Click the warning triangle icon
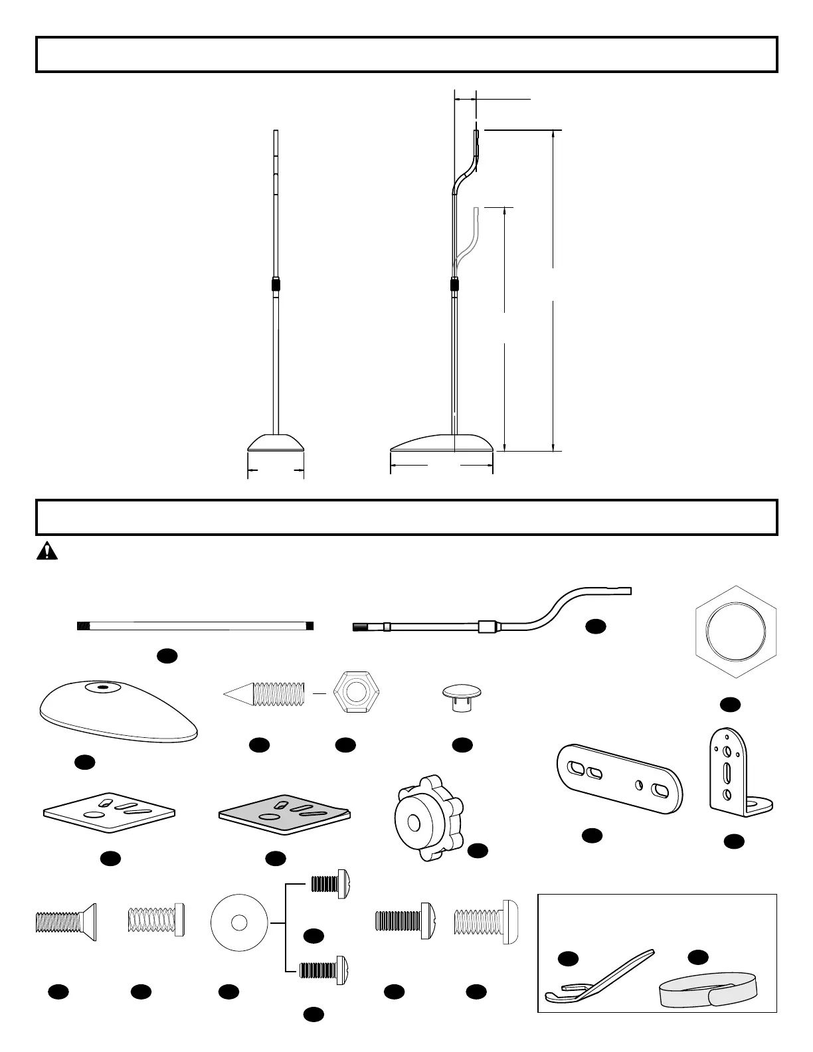[x=46, y=551]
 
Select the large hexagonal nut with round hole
[x=735, y=631]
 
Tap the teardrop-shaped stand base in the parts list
[x=118, y=711]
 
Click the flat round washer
[x=239, y=922]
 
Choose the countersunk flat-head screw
[x=66, y=922]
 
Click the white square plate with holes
[x=109, y=811]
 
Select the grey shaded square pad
[x=284, y=812]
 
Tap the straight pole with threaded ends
[x=195, y=626]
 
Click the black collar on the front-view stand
[x=276, y=285]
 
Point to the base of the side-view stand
[x=442, y=443]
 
